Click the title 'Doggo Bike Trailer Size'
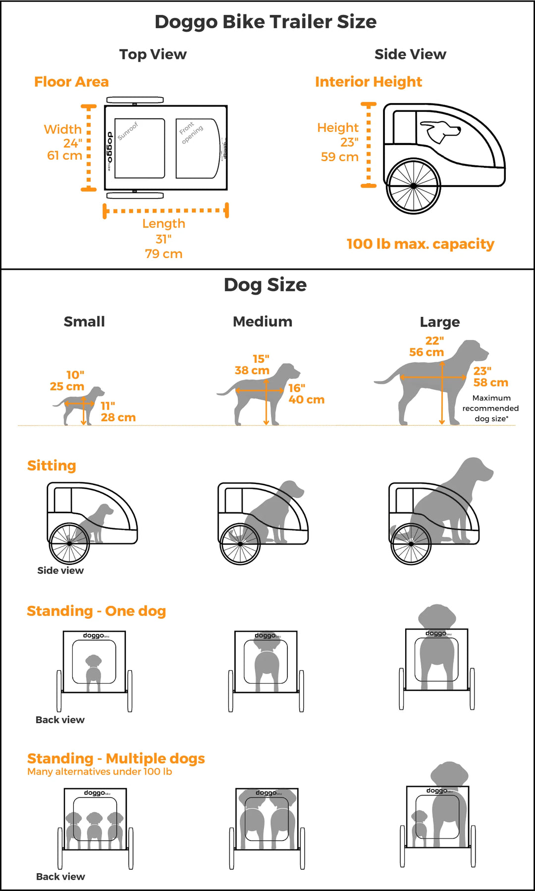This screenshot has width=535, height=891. point(266,22)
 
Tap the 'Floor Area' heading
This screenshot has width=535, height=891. point(71,82)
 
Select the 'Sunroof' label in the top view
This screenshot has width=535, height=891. point(128,131)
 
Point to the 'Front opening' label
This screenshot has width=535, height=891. point(191,132)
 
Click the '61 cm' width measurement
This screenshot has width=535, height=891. point(64,155)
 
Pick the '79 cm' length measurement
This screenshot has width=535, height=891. point(163,254)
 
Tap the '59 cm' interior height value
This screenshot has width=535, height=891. point(339,157)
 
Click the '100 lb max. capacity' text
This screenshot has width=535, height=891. point(420,244)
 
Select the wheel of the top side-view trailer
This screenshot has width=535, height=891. point(413,186)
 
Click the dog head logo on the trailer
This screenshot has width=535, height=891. point(440,131)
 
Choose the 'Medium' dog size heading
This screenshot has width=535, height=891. point(263,322)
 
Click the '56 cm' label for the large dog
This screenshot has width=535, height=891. point(426,352)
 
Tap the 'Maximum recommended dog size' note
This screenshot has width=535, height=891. point(490,408)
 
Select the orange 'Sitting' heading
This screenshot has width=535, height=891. point(52,466)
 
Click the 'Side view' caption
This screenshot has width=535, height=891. point(60,571)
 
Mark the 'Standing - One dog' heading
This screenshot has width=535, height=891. point(96,611)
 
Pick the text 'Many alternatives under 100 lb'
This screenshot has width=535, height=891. point(100,772)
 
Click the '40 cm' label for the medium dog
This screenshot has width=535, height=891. point(306,400)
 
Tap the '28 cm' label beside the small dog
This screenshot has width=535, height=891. point(118,418)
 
